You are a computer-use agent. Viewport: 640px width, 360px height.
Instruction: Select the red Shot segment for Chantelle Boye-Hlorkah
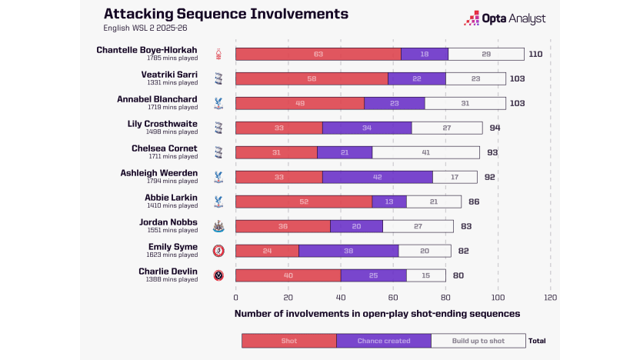pos(318,54)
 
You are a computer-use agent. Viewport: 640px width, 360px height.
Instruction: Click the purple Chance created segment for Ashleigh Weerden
pos(377,177)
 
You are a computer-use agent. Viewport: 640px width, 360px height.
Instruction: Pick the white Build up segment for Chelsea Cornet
pos(425,152)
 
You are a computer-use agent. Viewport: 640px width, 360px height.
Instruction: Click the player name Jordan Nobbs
pos(169,222)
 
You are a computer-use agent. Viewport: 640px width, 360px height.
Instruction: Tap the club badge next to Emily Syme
pos(218,251)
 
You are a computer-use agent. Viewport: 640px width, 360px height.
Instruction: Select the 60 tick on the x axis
pos(393,297)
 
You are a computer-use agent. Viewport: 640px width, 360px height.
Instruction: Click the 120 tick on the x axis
pos(550,297)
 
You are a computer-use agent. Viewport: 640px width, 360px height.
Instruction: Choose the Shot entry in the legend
pos(288,341)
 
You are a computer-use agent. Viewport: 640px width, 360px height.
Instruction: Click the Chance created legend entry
pos(383,341)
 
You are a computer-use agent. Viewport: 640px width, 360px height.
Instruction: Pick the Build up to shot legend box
pos(478,341)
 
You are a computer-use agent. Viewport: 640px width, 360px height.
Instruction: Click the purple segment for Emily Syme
pos(348,251)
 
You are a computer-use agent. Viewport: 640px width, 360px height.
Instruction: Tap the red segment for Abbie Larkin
pos(303,202)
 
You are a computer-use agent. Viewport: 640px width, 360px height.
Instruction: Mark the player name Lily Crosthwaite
pos(162,123)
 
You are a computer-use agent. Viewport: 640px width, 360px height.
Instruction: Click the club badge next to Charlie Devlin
pos(218,275)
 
